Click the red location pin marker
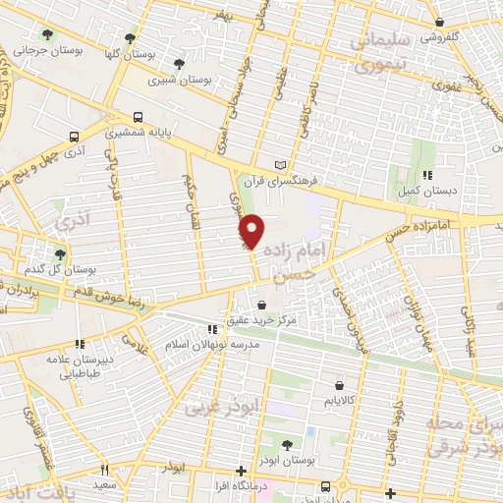(252, 231)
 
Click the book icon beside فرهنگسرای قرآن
(284, 164)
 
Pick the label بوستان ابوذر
(288, 460)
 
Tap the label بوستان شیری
(189, 78)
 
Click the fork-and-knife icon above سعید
(104, 470)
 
